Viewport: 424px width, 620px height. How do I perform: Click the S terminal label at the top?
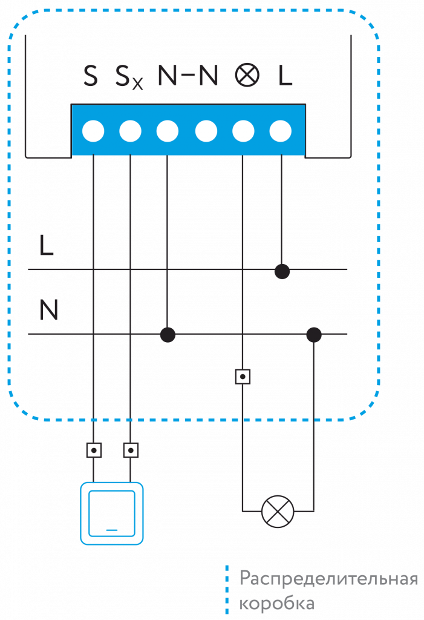[x=91, y=76]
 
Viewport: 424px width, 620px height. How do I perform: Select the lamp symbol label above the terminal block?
[x=247, y=76]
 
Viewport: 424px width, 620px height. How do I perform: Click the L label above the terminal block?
[x=285, y=76]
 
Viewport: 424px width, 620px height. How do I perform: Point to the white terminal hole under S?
[x=93, y=131]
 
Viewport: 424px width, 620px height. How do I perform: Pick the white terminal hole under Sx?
[x=130, y=131]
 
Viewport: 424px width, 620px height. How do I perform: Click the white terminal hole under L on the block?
[x=281, y=131]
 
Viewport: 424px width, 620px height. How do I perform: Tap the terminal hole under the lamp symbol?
[x=243, y=131]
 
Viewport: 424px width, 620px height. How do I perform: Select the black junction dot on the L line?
[x=282, y=271]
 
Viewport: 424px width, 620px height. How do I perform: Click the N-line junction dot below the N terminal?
[x=168, y=334]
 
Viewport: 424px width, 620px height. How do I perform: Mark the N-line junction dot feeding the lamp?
[x=313, y=334]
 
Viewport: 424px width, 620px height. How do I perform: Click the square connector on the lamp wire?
[x=243, y=377]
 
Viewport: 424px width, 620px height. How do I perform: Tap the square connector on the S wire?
[x=94, y=450]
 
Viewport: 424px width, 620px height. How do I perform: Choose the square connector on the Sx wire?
[x=131, y=450]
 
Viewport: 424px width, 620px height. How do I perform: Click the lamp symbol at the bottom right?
[x=277, y=511]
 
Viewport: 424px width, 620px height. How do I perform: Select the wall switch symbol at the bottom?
[x=112, y=513]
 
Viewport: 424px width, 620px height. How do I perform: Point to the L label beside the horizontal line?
[x=46, y=245]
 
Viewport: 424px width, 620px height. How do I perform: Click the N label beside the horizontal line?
[x=48, y=311]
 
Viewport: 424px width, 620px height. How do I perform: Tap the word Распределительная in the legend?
[x=329, y=578]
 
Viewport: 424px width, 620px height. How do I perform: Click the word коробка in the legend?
[x=276, y=604]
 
